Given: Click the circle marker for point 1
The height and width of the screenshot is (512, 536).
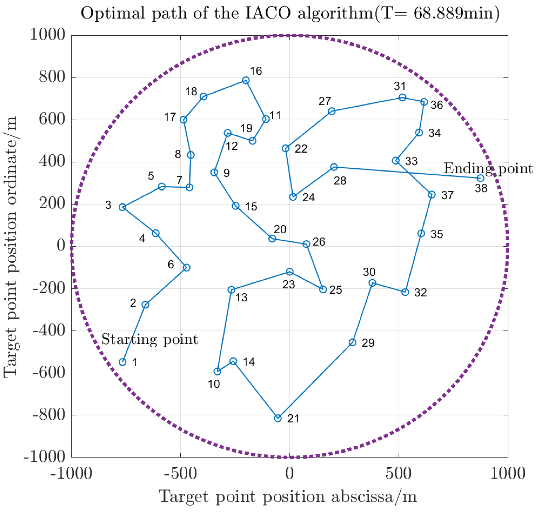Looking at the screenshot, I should tap(123, 362).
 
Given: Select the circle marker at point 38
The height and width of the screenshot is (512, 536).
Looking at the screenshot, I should tap(480, 178).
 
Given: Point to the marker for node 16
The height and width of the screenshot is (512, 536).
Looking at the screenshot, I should tap(246, 80).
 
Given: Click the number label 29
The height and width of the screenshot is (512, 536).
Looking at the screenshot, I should tap(368, 343).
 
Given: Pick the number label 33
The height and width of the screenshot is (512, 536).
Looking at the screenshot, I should tap(411, 161).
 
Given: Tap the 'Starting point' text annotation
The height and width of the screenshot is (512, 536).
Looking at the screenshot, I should tap(150, 339).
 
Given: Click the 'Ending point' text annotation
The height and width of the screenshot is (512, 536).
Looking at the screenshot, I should tap(488, 168).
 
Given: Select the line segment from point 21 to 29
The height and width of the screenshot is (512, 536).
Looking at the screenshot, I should tap(315, 380).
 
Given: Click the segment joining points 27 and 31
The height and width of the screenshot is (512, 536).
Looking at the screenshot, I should tap(367, 104).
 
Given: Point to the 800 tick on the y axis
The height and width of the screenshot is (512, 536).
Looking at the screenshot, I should tap(52, 77).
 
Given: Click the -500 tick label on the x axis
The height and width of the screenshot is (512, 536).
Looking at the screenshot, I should tap(180, 474).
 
